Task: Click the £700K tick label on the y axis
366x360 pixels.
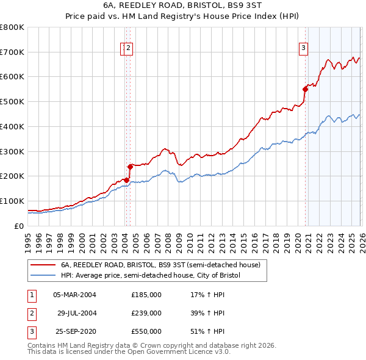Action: tap(12, 52)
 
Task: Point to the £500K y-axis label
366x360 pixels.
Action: tap(12, 102)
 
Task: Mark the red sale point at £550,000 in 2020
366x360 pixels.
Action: tap(305, 88)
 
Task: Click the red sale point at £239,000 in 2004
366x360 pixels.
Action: tap(130, 166)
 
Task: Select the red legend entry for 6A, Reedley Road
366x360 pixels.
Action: tap(160, 265)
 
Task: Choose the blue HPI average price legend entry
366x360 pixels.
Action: tap(151, 276)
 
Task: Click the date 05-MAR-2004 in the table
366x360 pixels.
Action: tap(74, 295)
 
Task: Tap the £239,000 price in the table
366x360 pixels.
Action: tap(146, 313)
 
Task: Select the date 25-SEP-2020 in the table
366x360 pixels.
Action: tap(74, 331)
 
